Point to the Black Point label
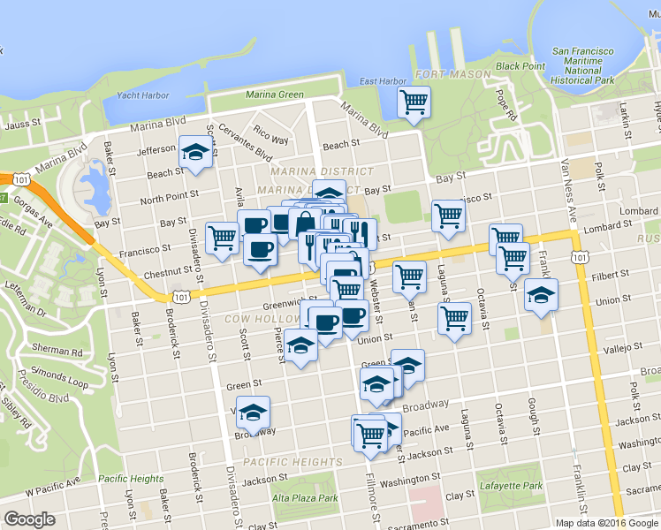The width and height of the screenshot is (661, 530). coord(520,66)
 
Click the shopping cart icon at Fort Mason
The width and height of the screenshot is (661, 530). coord(414,102)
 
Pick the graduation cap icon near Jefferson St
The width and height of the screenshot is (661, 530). coord(195,151)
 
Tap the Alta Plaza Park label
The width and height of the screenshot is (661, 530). coord(305,498)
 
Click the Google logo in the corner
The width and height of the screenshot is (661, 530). coord(30,519)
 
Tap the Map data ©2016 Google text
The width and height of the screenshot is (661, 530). coord(607,523)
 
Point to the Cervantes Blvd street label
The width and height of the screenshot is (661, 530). coord(244,141)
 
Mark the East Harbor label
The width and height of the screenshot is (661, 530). coord(383,82)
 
